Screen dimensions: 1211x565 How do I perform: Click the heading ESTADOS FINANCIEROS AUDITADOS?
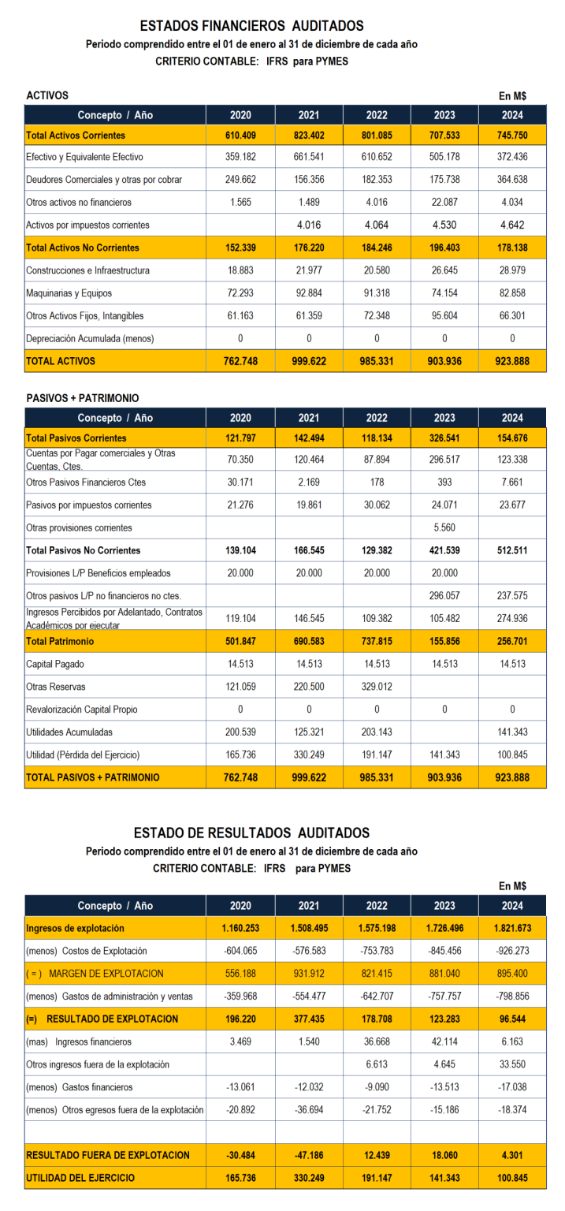(x=251, y=27)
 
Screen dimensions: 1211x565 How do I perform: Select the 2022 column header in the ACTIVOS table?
(x=376, y=115)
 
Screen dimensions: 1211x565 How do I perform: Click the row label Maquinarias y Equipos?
(x=69, y=293)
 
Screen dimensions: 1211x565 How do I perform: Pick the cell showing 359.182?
(x=240, y=157)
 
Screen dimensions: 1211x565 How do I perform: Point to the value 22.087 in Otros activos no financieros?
(x=444, y=203)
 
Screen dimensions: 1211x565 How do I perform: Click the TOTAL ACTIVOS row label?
(x=61, y=361)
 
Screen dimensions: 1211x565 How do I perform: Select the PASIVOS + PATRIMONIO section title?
(x=83, y=398)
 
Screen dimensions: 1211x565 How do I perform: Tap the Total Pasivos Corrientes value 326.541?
(x=444, y=438)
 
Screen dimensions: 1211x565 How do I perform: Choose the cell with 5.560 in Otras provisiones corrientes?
(x=444, y=527)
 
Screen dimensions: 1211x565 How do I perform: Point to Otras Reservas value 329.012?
(x=376, y=687)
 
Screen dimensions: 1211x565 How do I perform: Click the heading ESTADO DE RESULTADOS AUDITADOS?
(x=251, y=833)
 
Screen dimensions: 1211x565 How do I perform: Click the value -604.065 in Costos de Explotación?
(x=240, y=951)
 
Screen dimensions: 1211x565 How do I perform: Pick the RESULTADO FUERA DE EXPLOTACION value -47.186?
(x=308, y=1155)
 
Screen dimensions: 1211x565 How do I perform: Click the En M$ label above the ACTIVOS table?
(x=512, y=95)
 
